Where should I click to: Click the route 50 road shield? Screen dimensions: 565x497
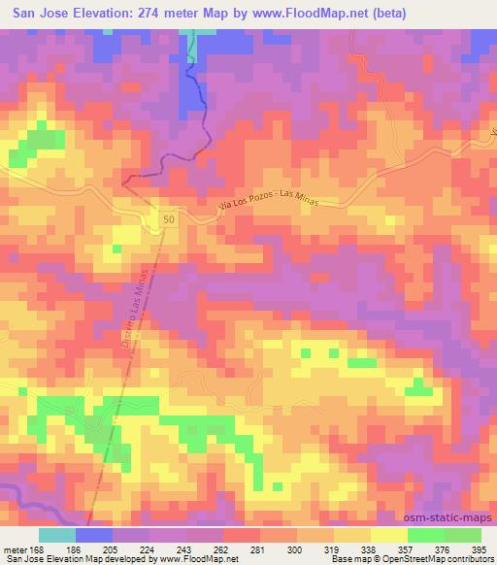(170, 221)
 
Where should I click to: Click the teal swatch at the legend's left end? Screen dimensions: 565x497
(57, 535)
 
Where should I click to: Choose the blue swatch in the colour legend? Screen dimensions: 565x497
(94, 535)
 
